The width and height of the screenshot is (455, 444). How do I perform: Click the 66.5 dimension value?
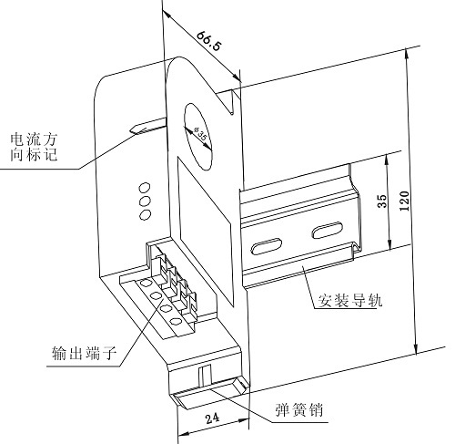point(209,41)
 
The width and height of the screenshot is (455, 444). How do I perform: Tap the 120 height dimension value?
point(404,201)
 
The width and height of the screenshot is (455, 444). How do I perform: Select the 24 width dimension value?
point(212,418)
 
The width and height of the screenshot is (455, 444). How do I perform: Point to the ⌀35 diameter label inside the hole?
point(200,134)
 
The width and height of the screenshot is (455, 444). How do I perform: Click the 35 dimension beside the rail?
point(382,201)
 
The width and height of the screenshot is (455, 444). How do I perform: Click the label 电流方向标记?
point(34,147)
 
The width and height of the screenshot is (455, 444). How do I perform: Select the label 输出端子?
point(84,353)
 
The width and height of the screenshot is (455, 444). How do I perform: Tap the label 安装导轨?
point(349,300)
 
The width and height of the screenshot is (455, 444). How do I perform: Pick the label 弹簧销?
point(299,409)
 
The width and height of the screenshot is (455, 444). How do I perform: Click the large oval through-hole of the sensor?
point(197,136)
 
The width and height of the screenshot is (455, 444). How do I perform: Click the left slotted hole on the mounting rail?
point(266,246)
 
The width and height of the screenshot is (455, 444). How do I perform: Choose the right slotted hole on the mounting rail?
point(328,230)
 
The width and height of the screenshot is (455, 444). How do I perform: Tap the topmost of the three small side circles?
point(145,187)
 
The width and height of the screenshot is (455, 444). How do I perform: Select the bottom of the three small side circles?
point(146,215)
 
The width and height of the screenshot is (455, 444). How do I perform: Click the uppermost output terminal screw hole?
point(147,284)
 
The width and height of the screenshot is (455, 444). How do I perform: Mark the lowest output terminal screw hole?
point(176,321)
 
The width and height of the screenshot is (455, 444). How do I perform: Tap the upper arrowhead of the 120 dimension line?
point(407,53)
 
